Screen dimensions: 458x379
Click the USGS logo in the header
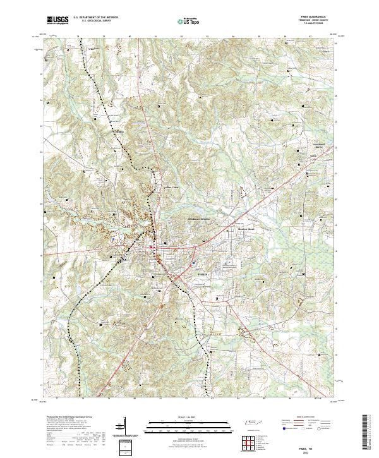tap(57, 20)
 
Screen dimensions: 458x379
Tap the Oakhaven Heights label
tap(198, 219)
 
